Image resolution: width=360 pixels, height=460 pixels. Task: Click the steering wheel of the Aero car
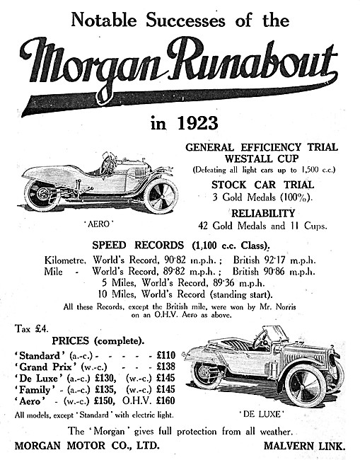coord(108,164)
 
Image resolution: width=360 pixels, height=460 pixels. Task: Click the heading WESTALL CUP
coord(262,159)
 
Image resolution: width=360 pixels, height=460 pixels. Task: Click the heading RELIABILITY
coord(262,213)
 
